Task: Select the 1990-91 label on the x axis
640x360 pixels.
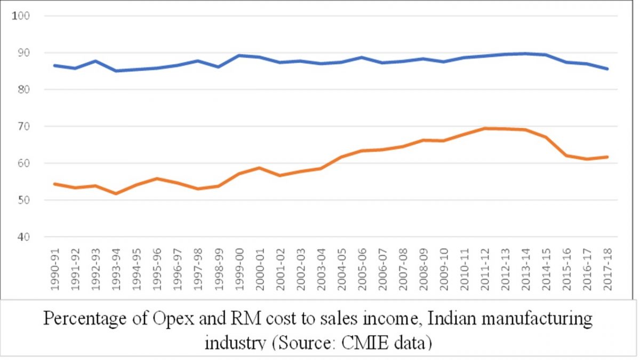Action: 55,269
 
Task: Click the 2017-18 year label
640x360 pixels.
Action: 607,269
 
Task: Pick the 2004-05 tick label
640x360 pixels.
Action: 341,269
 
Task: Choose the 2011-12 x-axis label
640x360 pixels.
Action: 485,269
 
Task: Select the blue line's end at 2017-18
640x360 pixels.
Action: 607,69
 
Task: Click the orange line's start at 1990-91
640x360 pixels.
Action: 55,183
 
